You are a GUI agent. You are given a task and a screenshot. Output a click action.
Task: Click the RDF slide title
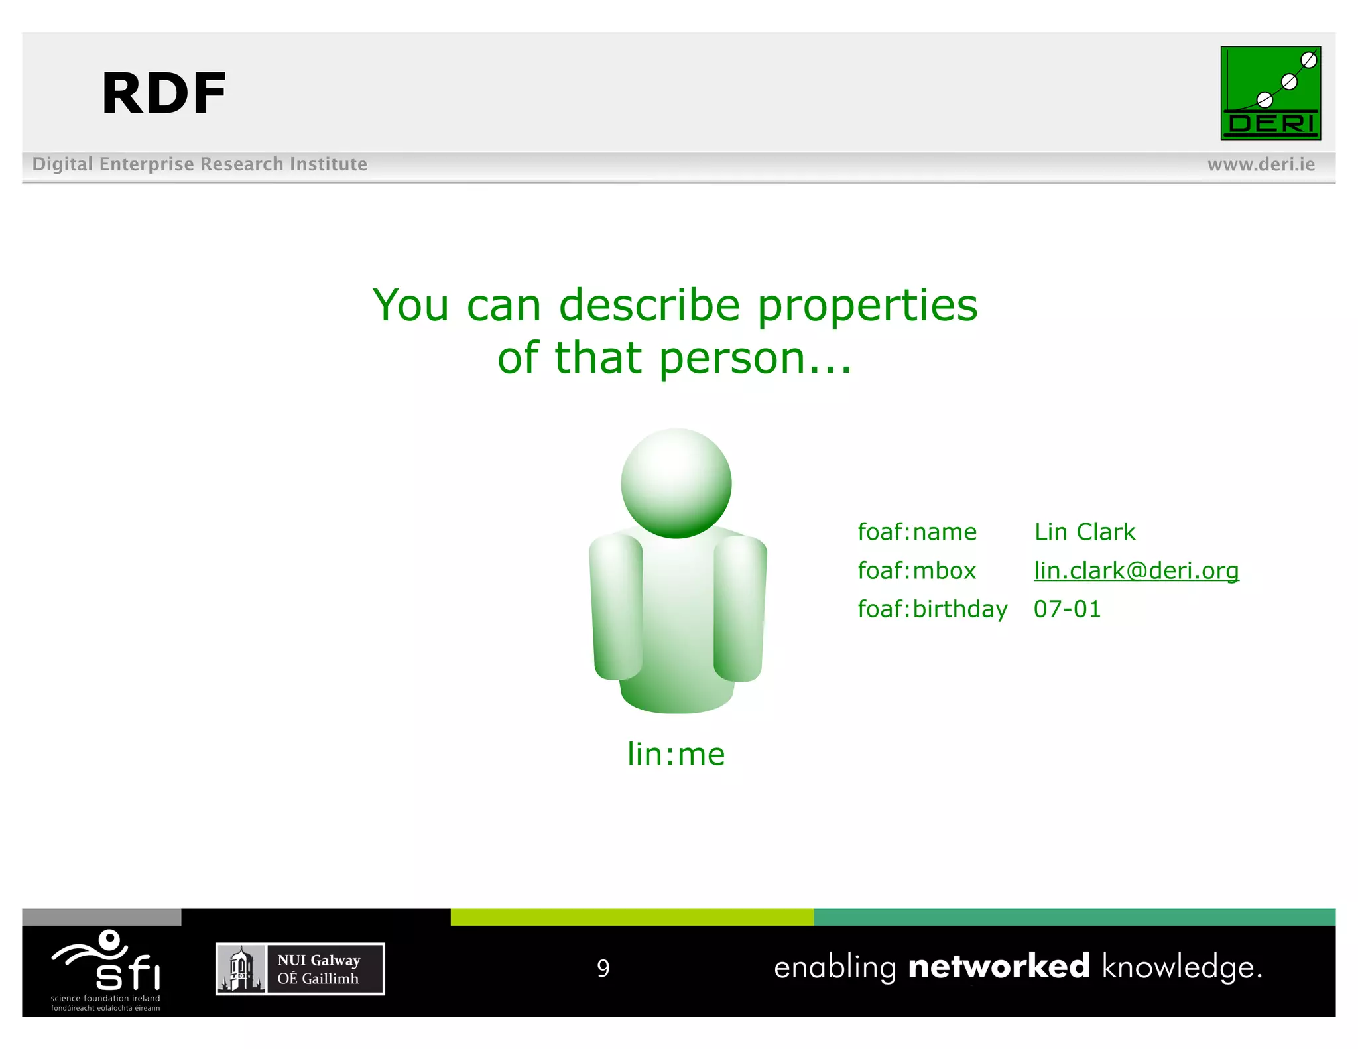coord(164,93)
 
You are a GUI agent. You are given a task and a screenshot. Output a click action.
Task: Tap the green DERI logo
coord(1270,93)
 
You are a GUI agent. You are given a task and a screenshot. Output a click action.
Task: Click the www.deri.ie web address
coord(1261,164)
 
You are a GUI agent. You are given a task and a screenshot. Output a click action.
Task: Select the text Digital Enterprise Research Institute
coord(200,164)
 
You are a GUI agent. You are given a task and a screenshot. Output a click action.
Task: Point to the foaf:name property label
coord(916,532)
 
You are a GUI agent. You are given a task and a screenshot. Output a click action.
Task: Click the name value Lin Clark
coord(1084,532)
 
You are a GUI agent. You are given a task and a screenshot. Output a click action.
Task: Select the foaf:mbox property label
coord(916,570)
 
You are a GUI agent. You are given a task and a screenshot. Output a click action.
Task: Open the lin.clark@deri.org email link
coord(1136,570)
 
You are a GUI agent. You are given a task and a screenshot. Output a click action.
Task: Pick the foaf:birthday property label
coord(932,609)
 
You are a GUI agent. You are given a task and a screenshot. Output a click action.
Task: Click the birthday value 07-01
coord(1067,609)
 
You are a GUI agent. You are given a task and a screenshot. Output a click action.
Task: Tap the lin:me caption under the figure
coord(676,754)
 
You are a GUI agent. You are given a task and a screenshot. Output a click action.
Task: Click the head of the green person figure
coord(676,483)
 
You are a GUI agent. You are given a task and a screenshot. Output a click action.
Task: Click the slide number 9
coord(603,968)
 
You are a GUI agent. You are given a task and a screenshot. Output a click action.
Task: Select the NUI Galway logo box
coord(300,969)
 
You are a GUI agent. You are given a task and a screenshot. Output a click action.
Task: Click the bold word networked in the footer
coord(999,966)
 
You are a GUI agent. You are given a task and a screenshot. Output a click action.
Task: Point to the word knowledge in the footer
coord(1182,967)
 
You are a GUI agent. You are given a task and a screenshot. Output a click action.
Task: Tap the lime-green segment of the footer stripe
coord(631,917)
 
